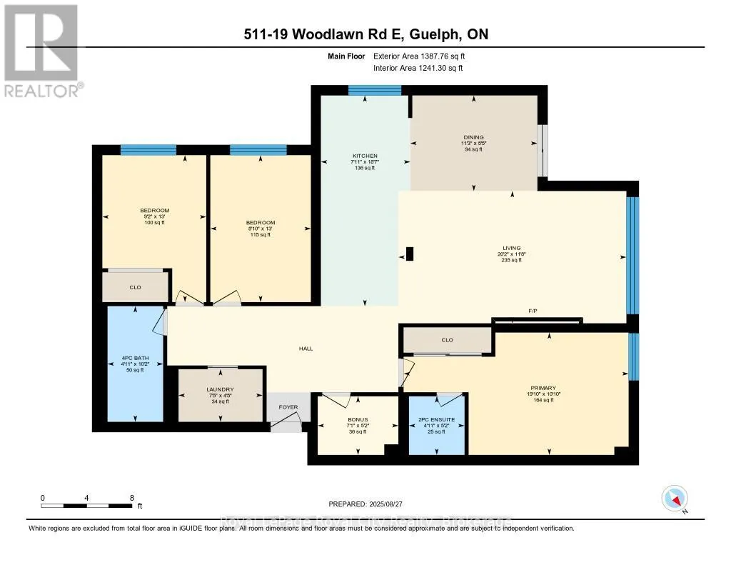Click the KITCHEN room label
point(365,156)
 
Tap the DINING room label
point(473,137)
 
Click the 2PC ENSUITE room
point(436,421)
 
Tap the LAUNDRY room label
point(221,389)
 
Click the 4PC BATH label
point(134,358)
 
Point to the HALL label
point(306,349)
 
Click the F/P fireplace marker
point(533,311)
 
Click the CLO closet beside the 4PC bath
point(135,287)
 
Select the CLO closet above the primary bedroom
point(448,341)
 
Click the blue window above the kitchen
point(374,90)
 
